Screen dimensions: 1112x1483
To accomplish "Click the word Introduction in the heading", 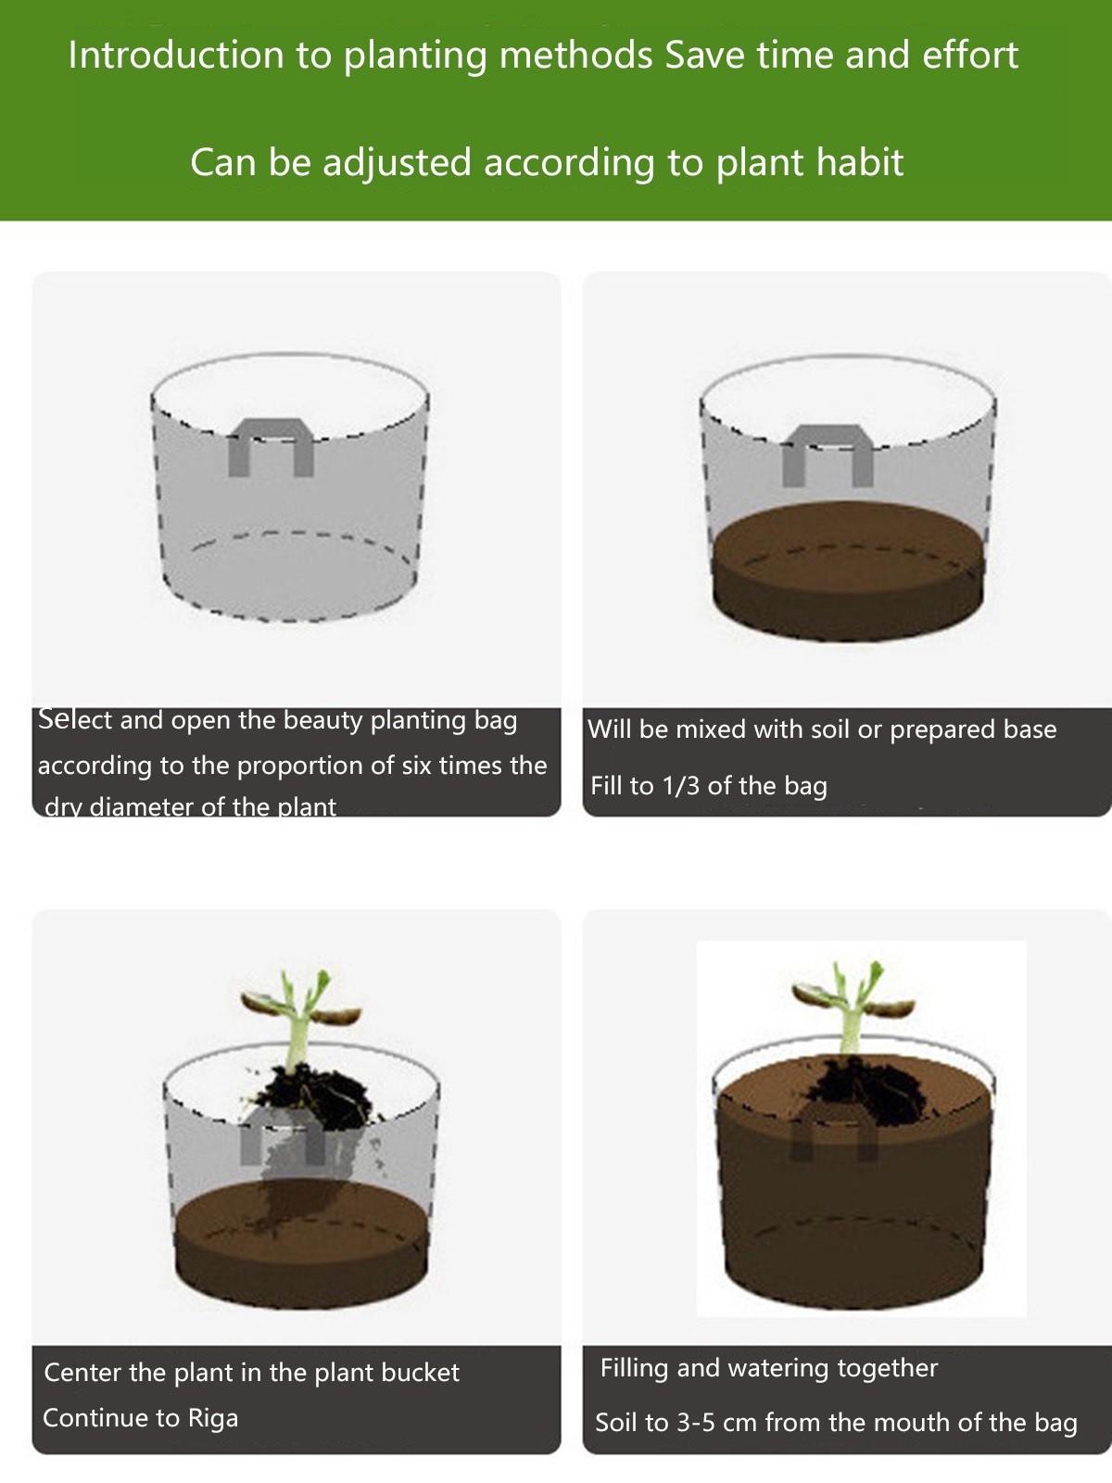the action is pos(176,55).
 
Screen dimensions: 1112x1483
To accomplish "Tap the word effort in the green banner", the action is pos(970,55).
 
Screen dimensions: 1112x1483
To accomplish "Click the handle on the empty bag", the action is pos(271,447).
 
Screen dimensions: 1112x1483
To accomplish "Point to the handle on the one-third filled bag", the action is pos(828,455).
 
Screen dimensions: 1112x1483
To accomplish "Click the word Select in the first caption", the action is pos(75,719).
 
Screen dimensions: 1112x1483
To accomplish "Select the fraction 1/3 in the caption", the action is pos(682,786).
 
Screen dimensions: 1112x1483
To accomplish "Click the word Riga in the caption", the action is pos(213,1417).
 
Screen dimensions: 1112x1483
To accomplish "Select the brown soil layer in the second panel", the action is pos(848,572).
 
